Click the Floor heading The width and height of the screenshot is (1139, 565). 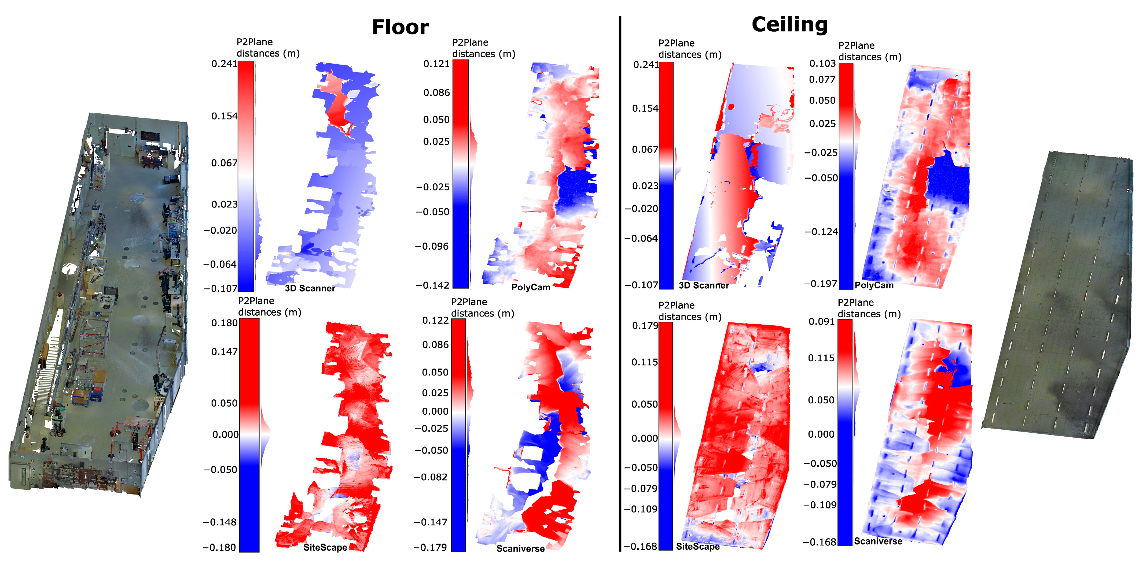(400, 27)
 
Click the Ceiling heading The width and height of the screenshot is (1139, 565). (790, 25)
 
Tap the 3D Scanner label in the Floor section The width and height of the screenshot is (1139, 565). (310, 288)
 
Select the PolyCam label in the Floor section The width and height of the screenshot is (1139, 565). (531, 287)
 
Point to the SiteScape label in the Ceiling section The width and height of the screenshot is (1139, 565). (698, 547)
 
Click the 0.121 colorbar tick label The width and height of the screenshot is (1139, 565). (436, 64)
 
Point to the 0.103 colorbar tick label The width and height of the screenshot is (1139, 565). (822, 64)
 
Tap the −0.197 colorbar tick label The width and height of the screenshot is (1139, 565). (820, 284)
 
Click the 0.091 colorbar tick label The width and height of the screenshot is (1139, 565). (822, 322)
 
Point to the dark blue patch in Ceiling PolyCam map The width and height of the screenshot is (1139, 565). (949, 181)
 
